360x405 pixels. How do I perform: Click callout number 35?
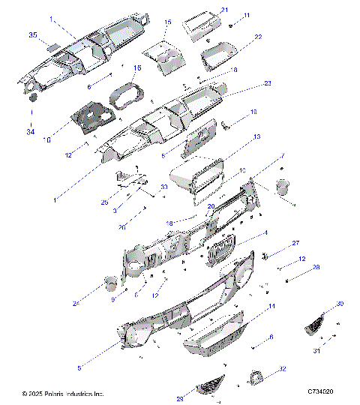pyautogui.click(x=32, y=35)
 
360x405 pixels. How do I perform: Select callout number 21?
pyautogui.click(x=224, y=10)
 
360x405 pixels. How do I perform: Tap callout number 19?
pyautogui.click(x=253, y=112)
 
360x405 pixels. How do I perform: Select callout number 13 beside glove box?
pyautogui.click(x=256, y=137)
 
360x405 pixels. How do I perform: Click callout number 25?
pyautogui.click(x=105, y=202)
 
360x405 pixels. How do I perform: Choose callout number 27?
pyautogui.click(x=295, y=243)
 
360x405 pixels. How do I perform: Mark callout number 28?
pyautogui.click(x=295, y=268)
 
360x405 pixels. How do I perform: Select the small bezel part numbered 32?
pyautogui.click(x=257, y=377)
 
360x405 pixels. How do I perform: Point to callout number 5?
pyautogui.click(x=79, y=367)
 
